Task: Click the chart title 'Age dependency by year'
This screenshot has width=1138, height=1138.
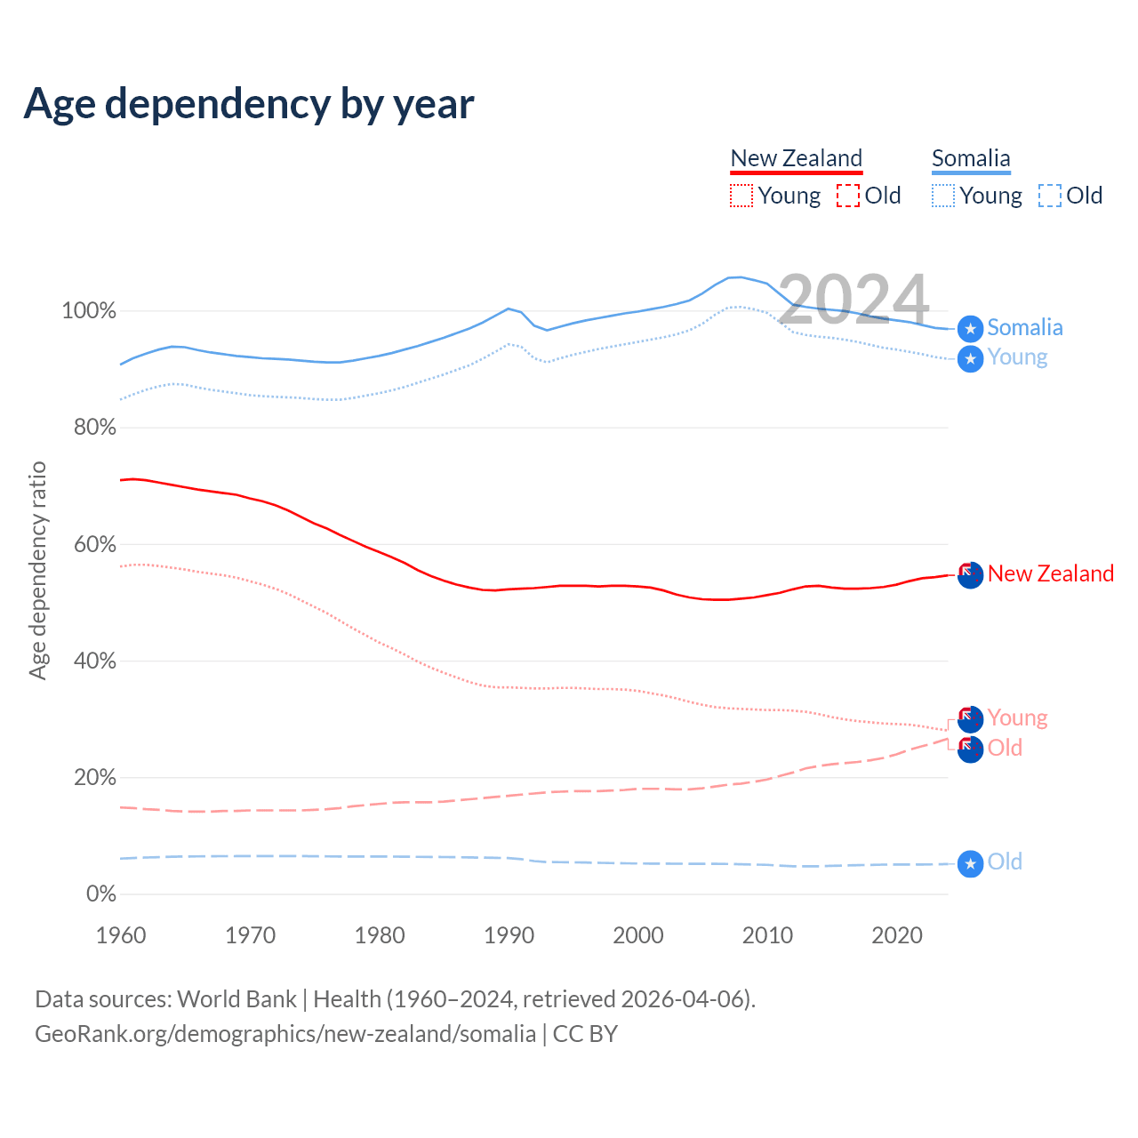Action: (x=249, y=104)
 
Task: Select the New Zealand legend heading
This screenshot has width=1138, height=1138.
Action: (x=796, y=158)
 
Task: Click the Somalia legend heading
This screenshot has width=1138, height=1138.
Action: (x=971, y=158)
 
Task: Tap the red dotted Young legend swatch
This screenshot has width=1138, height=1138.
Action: (x=741, y=196)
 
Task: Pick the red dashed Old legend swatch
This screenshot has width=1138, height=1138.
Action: (x=848, y=196)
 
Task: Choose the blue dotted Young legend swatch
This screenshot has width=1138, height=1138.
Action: (x=943, y=196)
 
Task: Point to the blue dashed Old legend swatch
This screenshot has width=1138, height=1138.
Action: (x=1050, y=196)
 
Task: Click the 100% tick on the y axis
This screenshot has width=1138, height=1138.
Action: (x=89, y=311)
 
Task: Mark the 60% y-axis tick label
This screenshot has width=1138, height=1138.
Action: (x=94, y=544)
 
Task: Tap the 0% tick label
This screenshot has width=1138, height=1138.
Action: (x=101, y=894)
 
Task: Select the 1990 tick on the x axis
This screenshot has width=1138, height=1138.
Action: (x=509, y=935)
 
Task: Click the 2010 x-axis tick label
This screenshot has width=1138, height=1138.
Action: (x=768, y=935)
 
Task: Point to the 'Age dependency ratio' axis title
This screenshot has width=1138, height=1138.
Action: (x=37, y=570)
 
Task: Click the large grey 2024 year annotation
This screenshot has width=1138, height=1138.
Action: (x=853, y=300)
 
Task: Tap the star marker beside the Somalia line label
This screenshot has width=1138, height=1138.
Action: (x=970, y=329)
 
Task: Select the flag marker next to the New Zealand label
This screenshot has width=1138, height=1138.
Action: (x=970, y=574)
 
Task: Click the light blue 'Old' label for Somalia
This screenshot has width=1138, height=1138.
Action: (x=1005, y=862)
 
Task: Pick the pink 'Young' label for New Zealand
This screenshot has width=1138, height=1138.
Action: (x=1017, y=717)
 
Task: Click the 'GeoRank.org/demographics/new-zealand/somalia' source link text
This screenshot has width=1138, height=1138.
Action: (x=285, y=1034)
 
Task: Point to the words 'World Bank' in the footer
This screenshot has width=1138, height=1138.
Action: (x=236, y=999)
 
